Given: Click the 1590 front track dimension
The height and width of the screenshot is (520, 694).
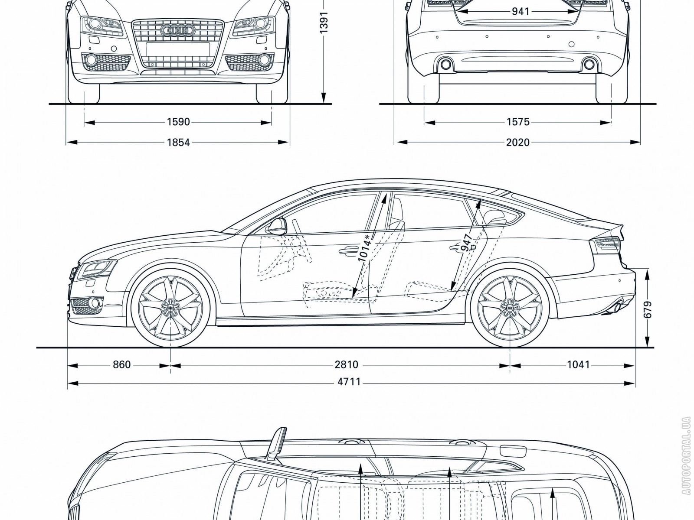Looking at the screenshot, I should pos(178,122).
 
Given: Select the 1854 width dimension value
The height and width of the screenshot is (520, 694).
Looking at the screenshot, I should pos(178,142).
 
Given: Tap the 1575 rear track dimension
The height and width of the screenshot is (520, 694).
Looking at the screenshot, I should pos(518,122).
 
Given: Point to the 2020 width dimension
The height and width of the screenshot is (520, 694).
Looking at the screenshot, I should pos(518,142).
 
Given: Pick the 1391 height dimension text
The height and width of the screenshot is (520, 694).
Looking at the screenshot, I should pos(324,19).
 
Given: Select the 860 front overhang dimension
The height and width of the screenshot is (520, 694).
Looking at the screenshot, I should pos(121,365).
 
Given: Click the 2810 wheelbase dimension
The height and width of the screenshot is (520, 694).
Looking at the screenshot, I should pos(346,365).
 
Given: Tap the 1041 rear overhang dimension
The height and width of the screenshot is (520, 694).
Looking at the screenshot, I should pos(578,365).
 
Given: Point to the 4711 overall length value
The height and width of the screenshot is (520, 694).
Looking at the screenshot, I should pos(350,383).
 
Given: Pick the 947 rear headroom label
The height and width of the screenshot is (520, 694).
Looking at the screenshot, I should pos(466,242).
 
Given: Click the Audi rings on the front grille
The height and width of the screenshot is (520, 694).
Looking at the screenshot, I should pos(176,30).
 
